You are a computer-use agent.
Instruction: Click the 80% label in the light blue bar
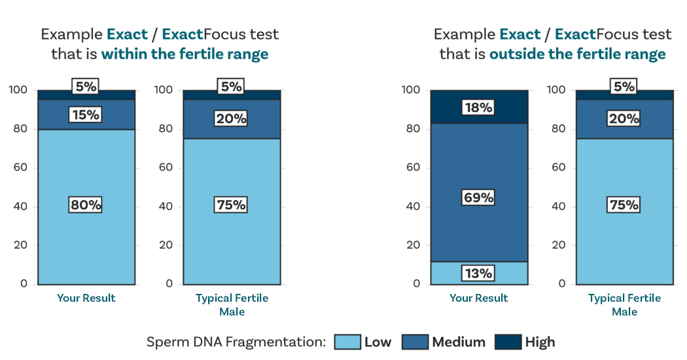click(x=86, y=205)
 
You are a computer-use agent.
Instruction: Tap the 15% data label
click(x=86, y=115)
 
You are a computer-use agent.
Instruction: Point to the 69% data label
click(x=479, y=197)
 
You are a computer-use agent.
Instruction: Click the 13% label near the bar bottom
click(x=479, y=273)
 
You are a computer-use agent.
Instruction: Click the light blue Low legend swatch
click(x=347, y=342)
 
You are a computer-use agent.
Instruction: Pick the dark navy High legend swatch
click(x=508, y=342)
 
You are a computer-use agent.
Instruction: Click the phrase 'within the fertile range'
click(x=185, y=54)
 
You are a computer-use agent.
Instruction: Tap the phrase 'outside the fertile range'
click(x=577, y=54)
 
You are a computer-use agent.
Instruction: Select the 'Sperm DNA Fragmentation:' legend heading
click(x=236, y=342)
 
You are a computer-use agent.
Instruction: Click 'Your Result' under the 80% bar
click(x=86, y=298)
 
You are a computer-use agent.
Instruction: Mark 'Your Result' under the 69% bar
click(x=479, y=298)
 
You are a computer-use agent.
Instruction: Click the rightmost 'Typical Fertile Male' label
click(x=624, y=305)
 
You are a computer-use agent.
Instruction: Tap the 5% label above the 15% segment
click(x=86, y=86)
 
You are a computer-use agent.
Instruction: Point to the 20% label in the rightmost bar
click(x=624, y=118)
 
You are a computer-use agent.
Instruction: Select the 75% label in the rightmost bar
click(x=624, y=205)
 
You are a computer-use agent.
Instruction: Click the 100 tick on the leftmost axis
click(x=18, y=90)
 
